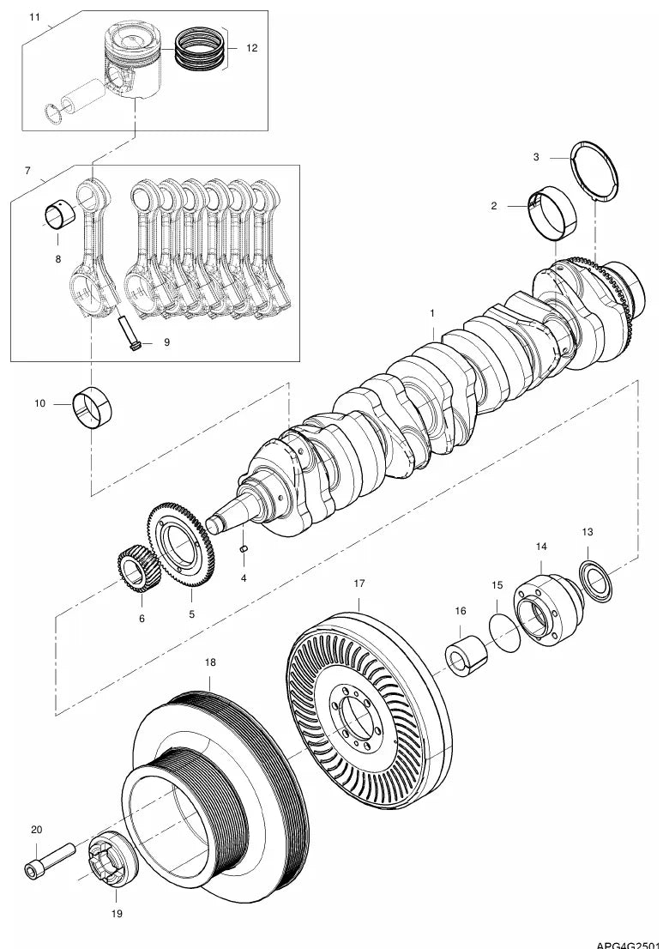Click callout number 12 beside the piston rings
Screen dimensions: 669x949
(251, 48)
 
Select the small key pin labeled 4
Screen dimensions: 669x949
(244, 548)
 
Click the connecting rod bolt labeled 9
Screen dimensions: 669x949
(129, 334)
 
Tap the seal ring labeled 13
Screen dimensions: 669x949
(595, 578)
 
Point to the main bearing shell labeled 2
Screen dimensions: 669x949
(555, 212)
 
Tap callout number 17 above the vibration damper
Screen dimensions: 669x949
(359, 583)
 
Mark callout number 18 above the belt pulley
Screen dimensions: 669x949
(210, 662)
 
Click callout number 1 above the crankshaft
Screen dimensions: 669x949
(432, 313)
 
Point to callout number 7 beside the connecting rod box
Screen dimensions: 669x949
(27, 172)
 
